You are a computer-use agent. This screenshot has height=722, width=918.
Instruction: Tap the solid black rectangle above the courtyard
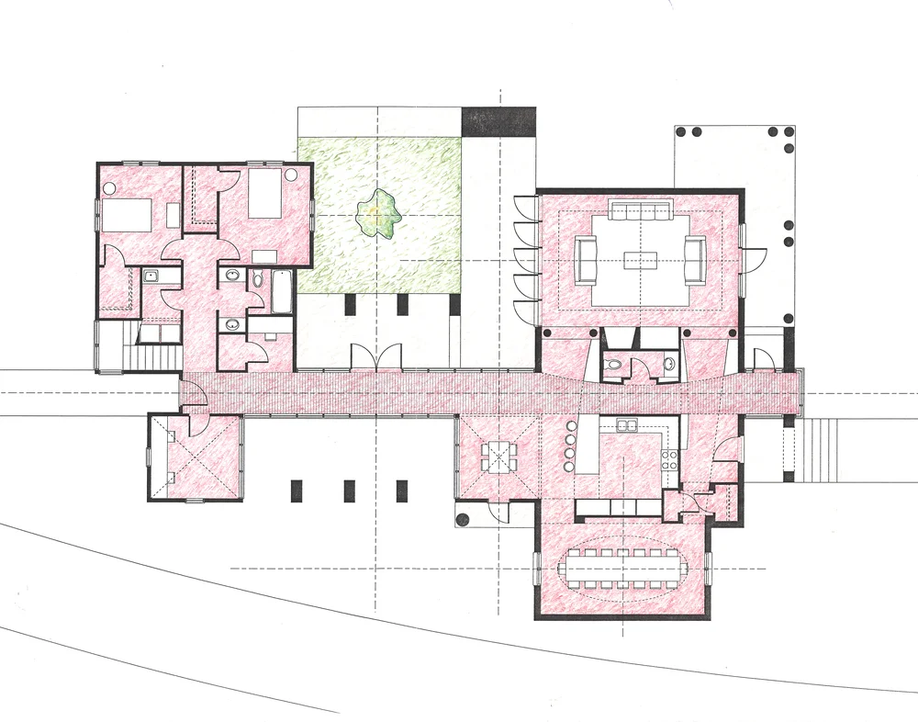click(x=498, y=119)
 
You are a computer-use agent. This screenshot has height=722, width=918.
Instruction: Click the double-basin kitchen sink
click(x=629, y=425)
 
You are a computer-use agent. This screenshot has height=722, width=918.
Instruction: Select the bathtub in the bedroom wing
click(x=281, y=290)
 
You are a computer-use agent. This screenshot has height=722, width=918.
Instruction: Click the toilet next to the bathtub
click(x=257, y=277)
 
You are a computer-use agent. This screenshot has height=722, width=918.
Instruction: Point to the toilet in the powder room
click(x=615, y=367)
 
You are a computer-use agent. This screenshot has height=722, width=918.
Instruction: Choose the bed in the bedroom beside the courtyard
click(x=264, y=193)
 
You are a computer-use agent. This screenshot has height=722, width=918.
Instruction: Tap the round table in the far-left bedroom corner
click(x=108, y=187)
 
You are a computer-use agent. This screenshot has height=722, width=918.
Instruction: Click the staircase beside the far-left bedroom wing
click(x=156, y=355)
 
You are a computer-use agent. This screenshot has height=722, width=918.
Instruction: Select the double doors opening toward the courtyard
click(x=376, y=356)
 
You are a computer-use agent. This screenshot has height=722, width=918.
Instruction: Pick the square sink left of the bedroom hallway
click(x=149, y=275)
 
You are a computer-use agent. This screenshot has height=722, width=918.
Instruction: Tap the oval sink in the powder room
click(x=669, y=365)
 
